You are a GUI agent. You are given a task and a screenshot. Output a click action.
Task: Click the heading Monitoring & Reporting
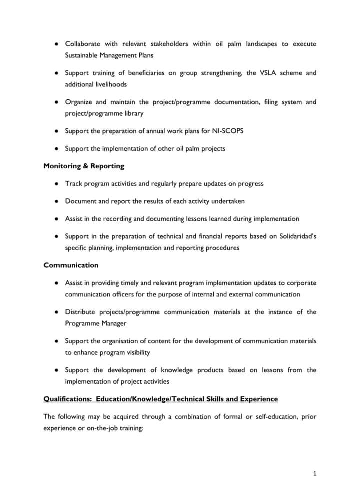click(x=84, y=166)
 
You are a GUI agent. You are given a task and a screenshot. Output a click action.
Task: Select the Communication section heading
click(x=71, y=265)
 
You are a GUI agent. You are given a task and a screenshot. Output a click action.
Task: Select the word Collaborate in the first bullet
click(x=83, y=44)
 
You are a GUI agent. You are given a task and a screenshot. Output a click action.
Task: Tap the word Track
click(x=73, y=183)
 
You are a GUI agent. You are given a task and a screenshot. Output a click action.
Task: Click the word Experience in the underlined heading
click(x=258, y=399)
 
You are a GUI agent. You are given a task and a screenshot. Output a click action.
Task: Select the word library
click(x=132, y=113)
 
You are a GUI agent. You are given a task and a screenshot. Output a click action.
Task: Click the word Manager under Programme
click(x=112, y=323)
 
